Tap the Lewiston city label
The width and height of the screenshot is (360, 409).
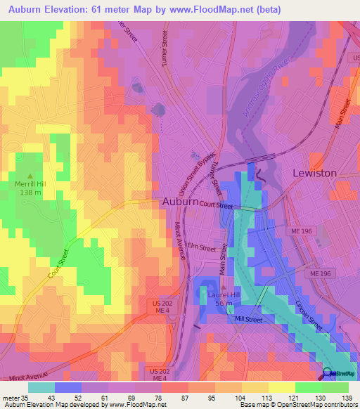(314, 173)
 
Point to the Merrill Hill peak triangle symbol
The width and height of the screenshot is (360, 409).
(30, 176)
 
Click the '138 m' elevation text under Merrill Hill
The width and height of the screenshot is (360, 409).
(30, 193)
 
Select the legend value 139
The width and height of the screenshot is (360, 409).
(345, 398)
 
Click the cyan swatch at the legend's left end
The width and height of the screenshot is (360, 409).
(41, 387)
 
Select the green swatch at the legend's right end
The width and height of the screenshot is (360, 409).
(335, 387)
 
